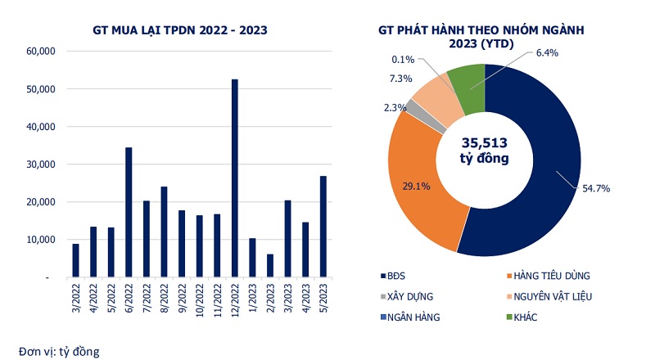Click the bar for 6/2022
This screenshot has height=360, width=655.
129,213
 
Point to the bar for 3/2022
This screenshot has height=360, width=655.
75,261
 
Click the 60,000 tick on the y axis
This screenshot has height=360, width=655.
40,51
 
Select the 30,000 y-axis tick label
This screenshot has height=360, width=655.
40,164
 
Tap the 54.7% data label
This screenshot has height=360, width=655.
594,188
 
